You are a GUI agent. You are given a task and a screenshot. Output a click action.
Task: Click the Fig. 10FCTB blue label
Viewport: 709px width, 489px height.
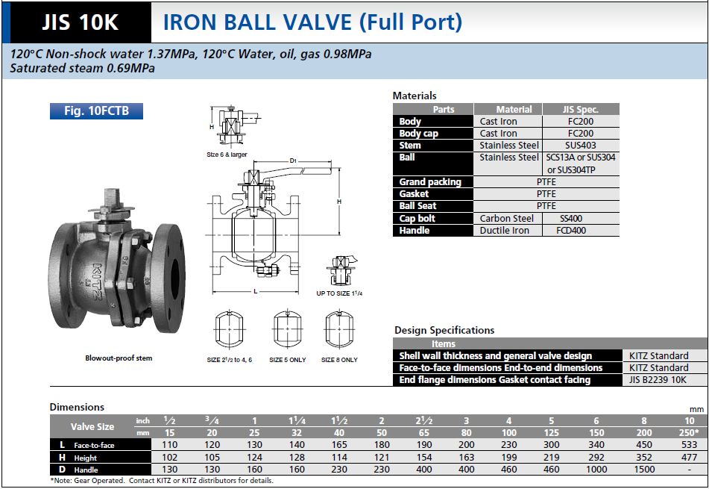tap(96, 111)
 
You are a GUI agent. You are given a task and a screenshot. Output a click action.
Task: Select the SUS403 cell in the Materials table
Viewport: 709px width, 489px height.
tap(580, 146)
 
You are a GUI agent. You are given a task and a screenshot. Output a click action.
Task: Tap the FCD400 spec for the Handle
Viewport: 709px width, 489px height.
tap(580, 231)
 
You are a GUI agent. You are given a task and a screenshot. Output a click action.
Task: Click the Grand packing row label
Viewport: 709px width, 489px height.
tap(430, 182)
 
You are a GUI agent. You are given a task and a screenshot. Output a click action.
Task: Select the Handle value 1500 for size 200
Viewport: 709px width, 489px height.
tap(644, 470)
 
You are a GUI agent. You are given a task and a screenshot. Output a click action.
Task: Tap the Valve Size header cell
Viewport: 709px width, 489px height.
tap(92, 426)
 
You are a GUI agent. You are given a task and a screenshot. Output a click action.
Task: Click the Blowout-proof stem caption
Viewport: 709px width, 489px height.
tap(119, 358)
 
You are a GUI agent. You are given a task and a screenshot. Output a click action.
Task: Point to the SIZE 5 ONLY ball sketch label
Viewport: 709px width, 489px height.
tap(288, 360)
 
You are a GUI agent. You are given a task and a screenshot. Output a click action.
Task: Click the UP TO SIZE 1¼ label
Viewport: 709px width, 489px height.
tap(340, 293)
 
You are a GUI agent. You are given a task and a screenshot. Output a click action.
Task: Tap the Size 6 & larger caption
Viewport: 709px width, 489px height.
tap(227, 155)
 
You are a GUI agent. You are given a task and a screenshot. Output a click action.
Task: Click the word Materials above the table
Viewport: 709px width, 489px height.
tap(415, 96)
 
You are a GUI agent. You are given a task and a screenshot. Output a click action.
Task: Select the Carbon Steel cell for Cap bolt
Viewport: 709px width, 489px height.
tap(507, 219)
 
